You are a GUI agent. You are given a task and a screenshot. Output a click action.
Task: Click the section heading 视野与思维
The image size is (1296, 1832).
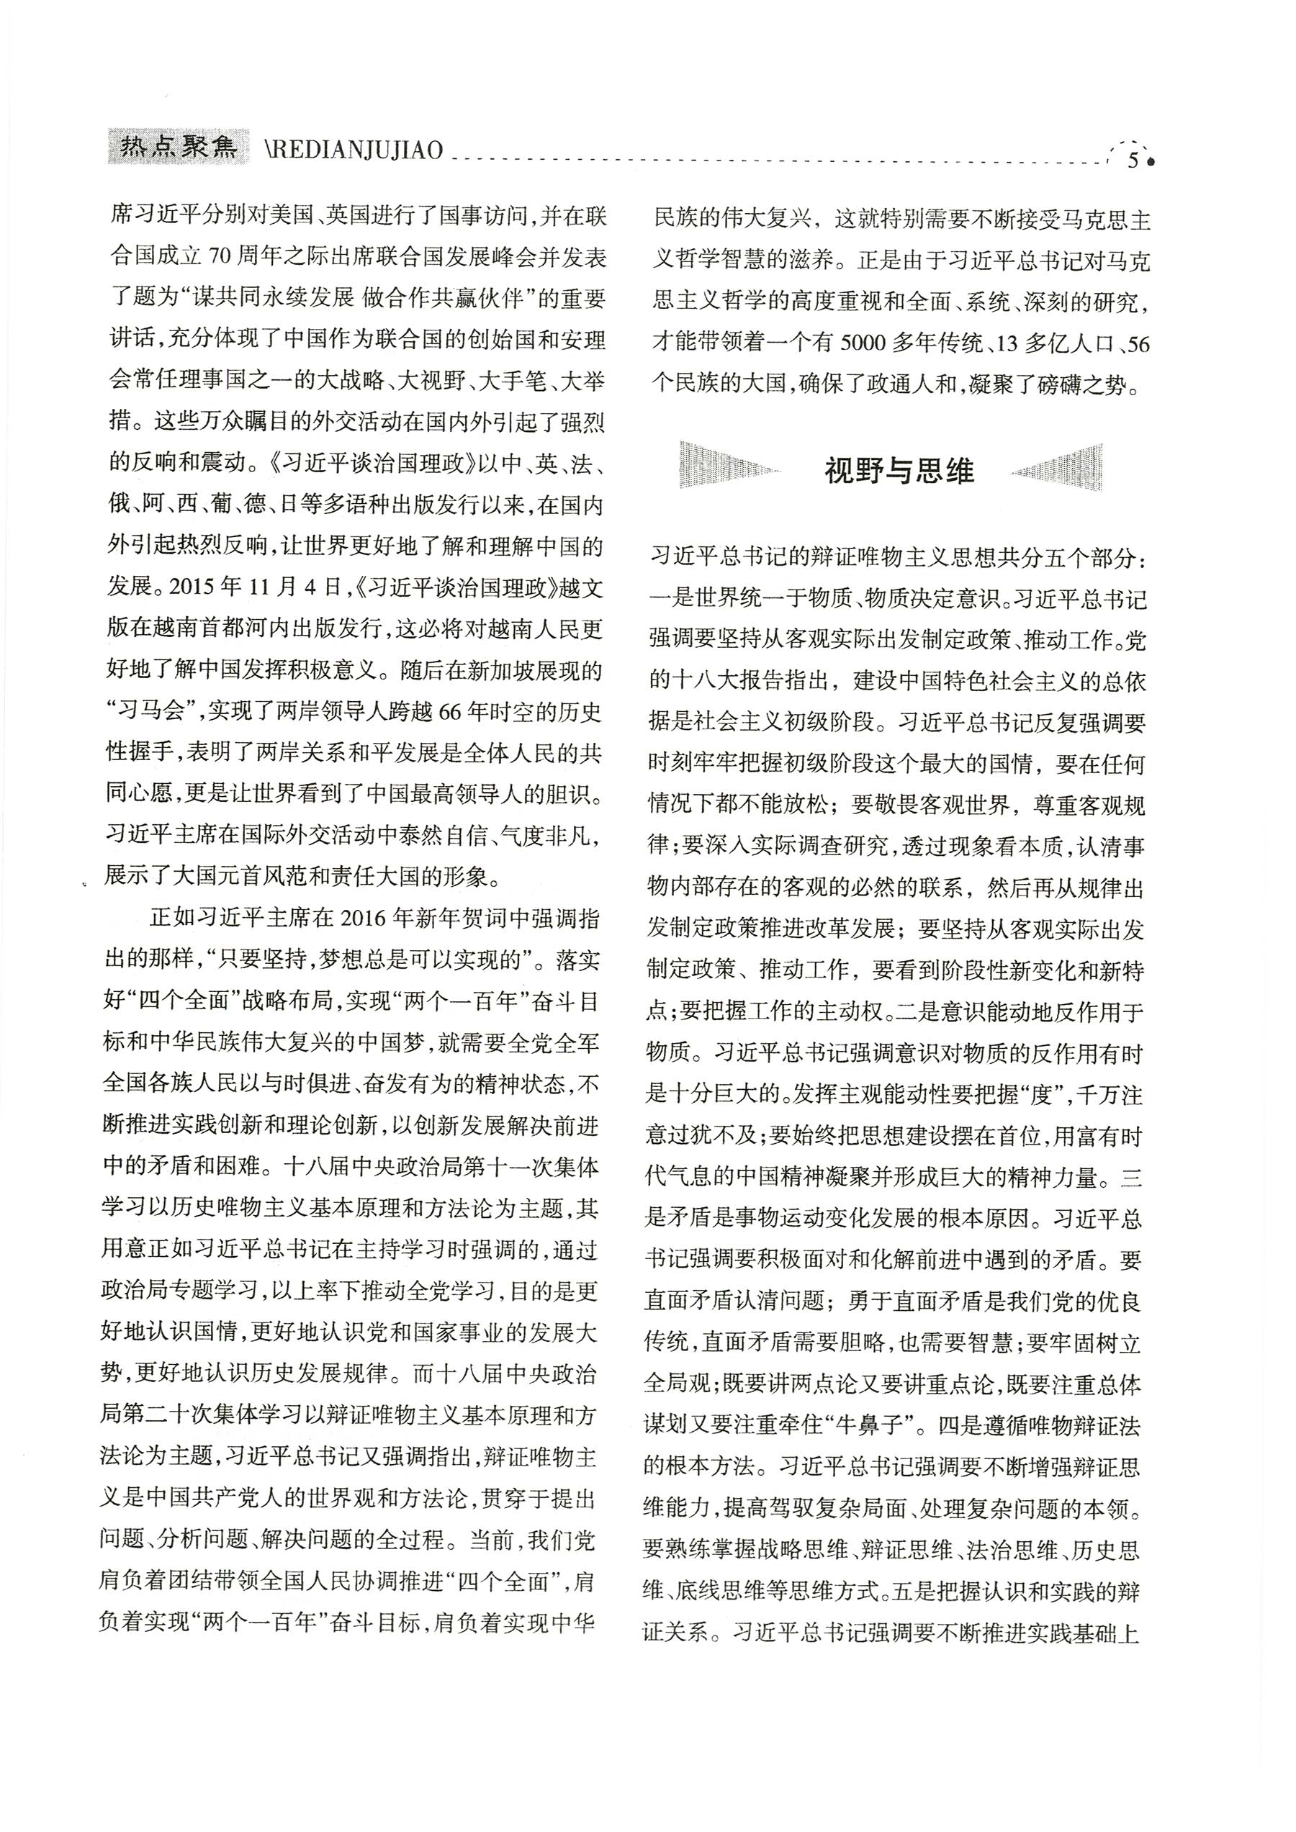[x=899, y=471]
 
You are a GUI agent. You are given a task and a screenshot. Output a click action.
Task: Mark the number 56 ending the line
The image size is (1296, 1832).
[x=1139, y=343]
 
